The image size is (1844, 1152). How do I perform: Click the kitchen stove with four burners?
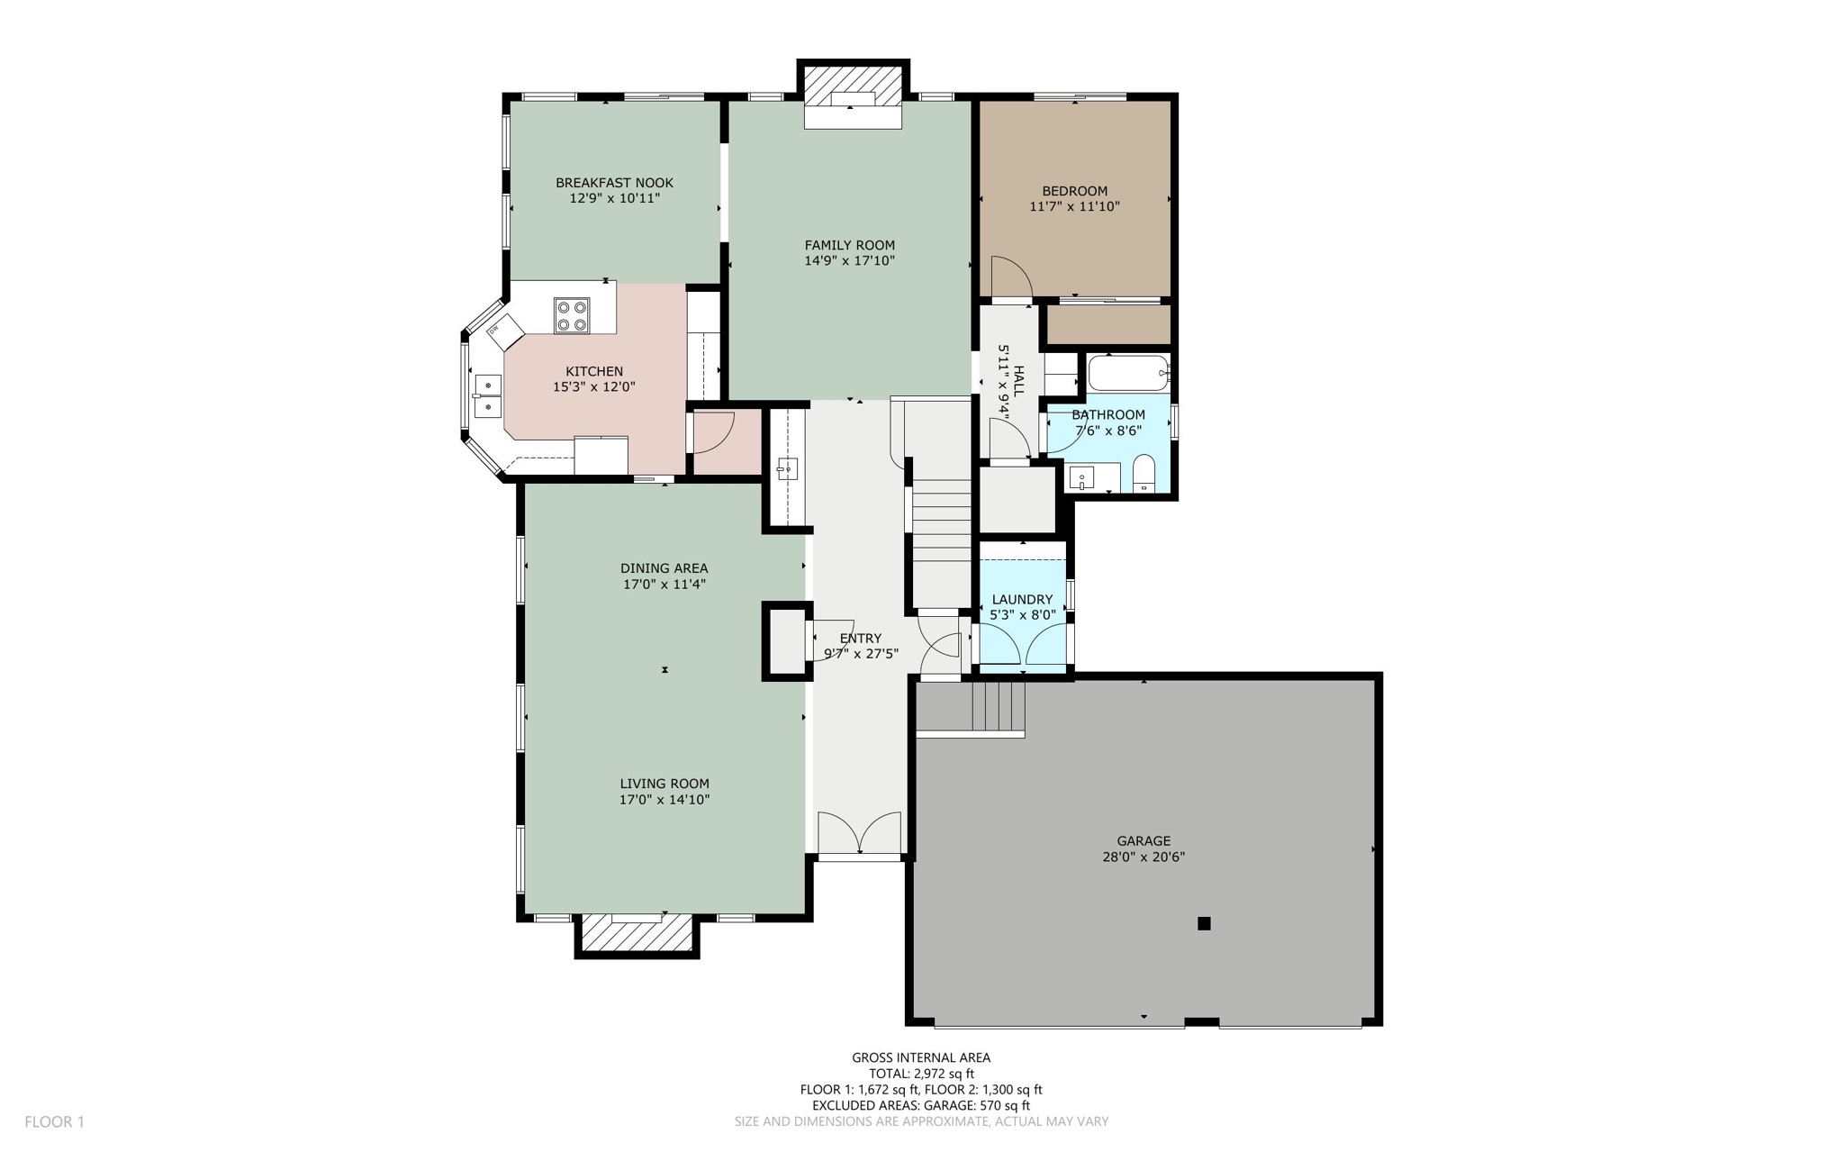(x=571, y=315)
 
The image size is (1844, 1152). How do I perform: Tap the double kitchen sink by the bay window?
(x=487, y=397)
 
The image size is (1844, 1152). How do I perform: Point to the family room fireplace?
(x=853, y=96)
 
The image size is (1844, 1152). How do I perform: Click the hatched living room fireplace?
(x=637, y=934)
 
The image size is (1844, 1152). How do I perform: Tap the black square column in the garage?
(x=1204, y=923)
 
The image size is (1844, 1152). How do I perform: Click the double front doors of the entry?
(x=859, y=834)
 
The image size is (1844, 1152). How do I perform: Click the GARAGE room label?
(x=1143, y=841)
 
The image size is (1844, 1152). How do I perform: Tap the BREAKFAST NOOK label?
(x=614, y=183)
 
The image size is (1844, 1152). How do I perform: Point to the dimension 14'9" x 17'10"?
(x=849, y=261)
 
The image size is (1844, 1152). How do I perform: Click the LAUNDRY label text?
(x=1022, y=600)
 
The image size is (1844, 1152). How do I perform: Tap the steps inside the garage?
(x=998, y=707)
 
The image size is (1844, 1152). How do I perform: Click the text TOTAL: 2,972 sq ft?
(x=921, y=1074)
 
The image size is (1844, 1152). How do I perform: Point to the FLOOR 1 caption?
(x=54, y=1121)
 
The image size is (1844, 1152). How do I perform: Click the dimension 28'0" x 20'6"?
(x=1143, y=857)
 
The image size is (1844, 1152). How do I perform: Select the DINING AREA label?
(x=664, y=568)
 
